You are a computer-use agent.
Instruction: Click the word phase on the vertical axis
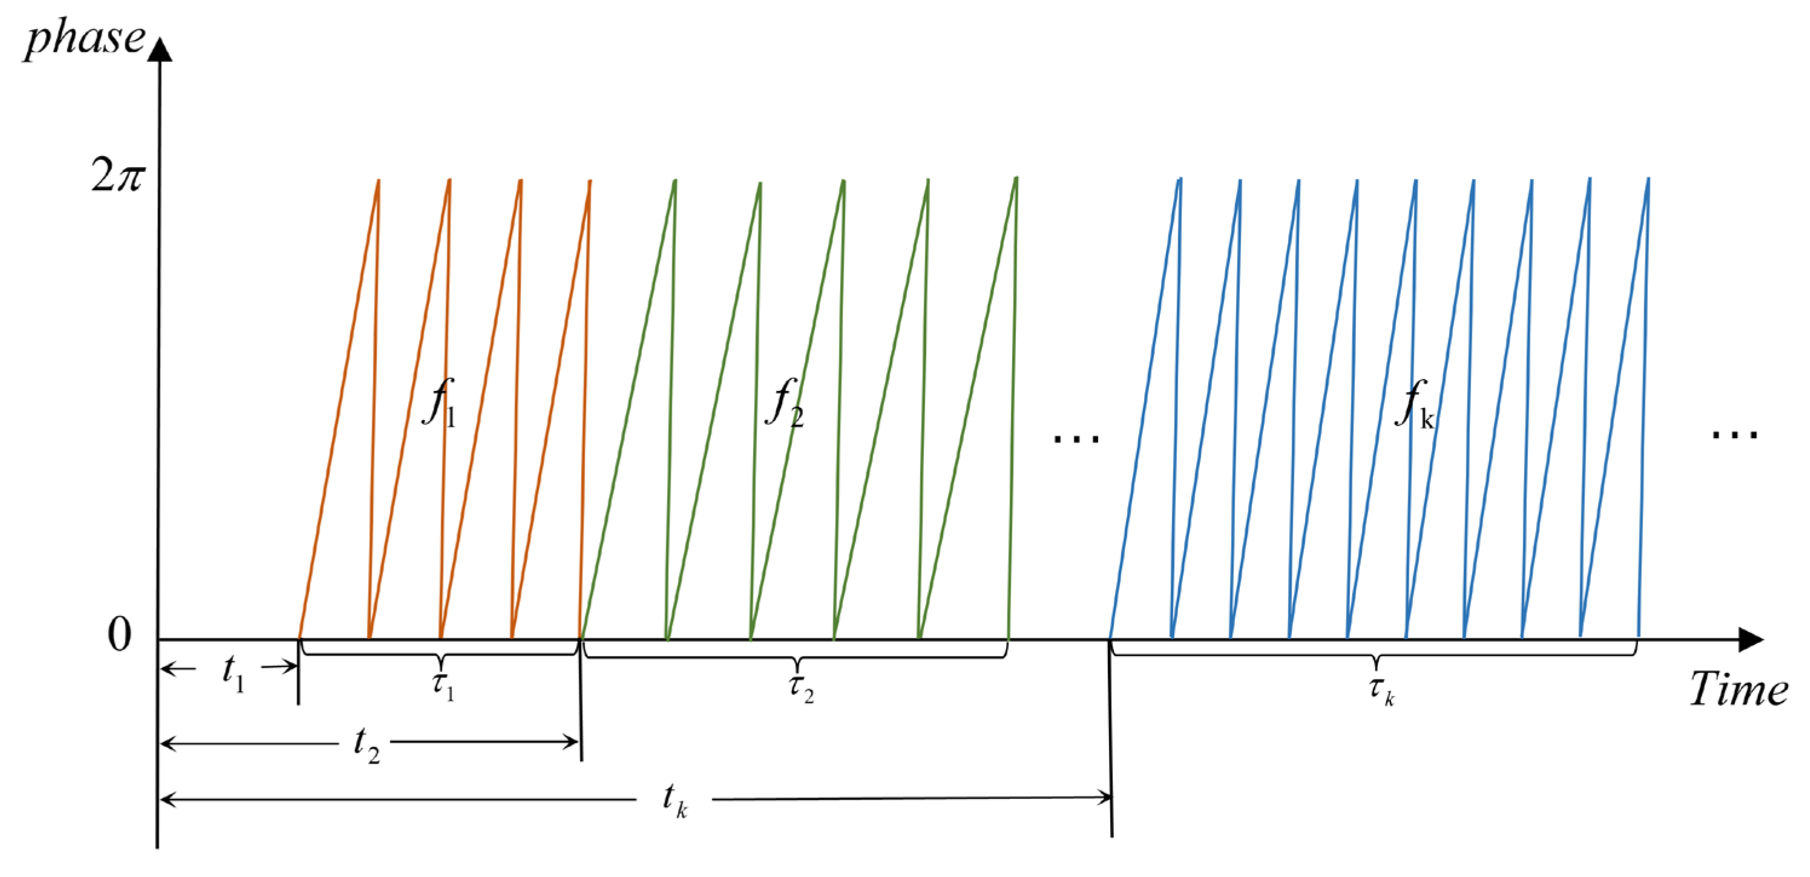(x=84, y=40)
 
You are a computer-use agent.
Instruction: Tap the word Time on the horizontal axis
(x=1739, y=689)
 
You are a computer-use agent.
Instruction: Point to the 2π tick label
(x=117, y=174)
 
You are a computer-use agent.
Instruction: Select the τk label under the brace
(x=1381, y=690)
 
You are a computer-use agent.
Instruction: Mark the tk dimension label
(x=674, y=801)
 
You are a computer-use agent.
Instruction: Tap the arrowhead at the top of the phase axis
(x=161, y=49)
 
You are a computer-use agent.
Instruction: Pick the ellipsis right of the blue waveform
(x=1734, y=435)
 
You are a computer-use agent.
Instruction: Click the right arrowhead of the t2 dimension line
(x=572, y=742)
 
